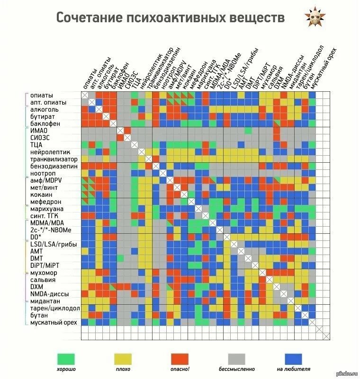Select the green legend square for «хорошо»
click(x=66, y=359)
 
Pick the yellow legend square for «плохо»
click(x=123, y=359)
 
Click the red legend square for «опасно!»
click(x=180, y=359)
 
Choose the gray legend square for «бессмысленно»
click(x=237, y=359)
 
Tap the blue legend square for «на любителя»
click(x=293, y=359)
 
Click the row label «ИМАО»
click(x=38, y=131)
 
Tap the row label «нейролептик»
click(x=50, y=152)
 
